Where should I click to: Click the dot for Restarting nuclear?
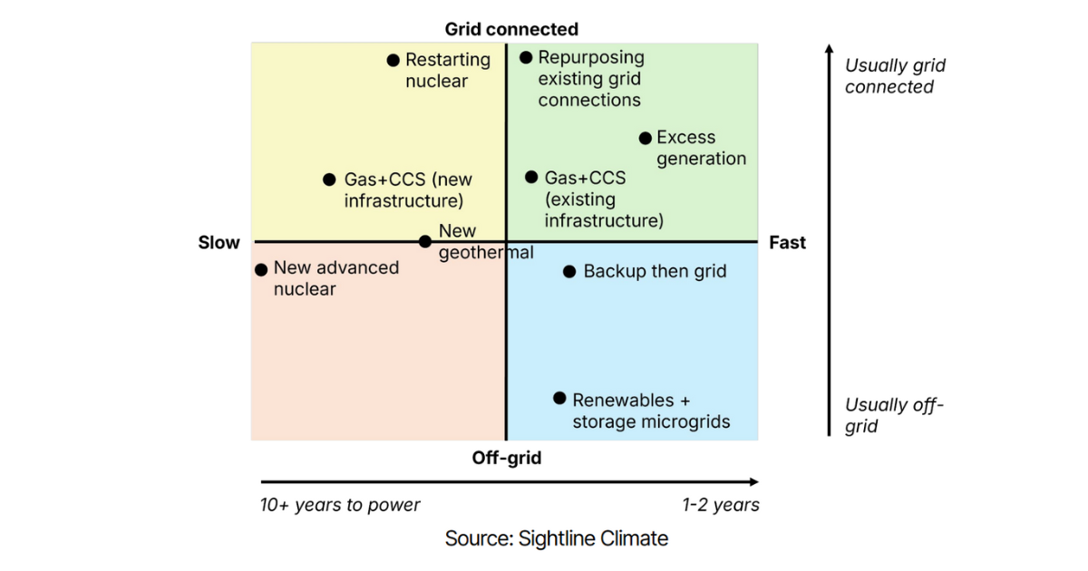pyautogui.click(x=393, y=61)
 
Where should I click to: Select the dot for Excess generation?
pyautogui.click(x=645, y=139)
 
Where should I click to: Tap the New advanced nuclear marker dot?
pyautogui.click(x=261, y=269)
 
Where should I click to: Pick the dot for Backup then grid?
pyautogui.click(x=569, y=271)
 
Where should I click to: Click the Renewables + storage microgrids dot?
pyautogui.click(x=559, y=398)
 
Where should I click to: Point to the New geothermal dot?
pyautogui.click(x=425, y=241)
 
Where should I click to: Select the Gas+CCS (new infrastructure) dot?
pyautogui.click(x=330, y=179)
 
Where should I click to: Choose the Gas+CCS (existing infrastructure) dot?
pyautogui.click(x=531, y=177)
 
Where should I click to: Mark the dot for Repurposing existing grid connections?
pyautogui.click(x=526, y=57)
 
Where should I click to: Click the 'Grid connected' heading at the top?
pyautogui.click(x=511, y=29)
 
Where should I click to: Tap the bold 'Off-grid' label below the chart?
pyautogui.click(x=507, y=458)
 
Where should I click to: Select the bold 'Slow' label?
pyautogui.click(x=219, y=242)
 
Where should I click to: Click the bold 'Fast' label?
pyautogui.click(x=787, y=242)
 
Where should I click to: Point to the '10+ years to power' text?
pyautogui.click(x=340, y=505)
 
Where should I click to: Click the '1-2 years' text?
pyautogui.click(x=721, y=505)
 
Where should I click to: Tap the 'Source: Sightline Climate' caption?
pyautogui.click(x=556, y=538)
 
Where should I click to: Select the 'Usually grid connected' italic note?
pyautogui.click(x=895, y=76)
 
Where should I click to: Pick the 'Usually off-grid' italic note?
pyautogui.click(x=894, y=415)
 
